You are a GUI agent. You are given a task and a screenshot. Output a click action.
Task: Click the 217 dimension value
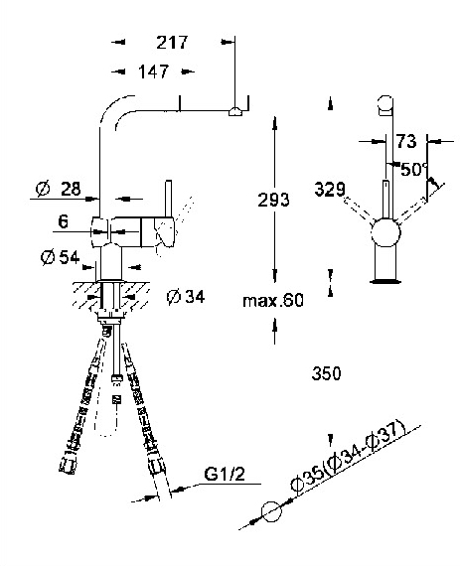172,43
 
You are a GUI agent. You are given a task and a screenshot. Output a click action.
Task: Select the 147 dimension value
153,71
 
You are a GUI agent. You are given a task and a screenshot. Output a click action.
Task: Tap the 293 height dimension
273,200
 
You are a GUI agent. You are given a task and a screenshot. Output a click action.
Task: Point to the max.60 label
273,300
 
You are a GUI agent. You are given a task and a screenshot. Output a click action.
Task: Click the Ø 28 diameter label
59,189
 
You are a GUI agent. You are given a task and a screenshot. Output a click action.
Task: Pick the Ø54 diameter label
60,257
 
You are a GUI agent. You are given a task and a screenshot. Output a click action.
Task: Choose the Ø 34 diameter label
186,297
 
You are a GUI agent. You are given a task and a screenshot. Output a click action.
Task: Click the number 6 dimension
63,221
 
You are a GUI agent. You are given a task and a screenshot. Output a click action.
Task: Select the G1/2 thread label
225,474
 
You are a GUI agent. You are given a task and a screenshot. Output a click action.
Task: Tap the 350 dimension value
326,373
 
